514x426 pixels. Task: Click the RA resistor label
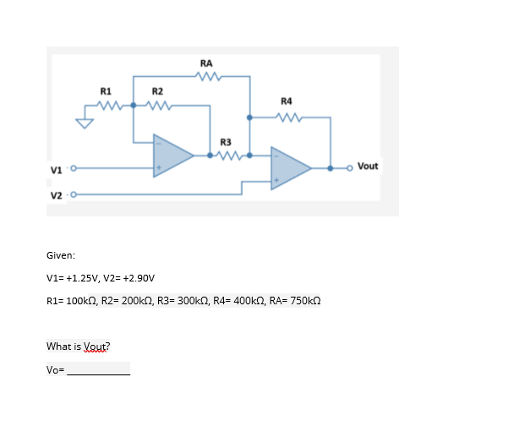pos(206,63)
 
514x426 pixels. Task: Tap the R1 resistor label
pos(106,90)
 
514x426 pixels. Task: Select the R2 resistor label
pos(157,90)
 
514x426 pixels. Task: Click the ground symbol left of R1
pos(83,123)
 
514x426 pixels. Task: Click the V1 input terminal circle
pos(73,168)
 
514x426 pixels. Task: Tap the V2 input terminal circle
pos(73,194)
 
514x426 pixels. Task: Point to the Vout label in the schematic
pos(368,166)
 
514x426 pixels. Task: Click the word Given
pos(60,254)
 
